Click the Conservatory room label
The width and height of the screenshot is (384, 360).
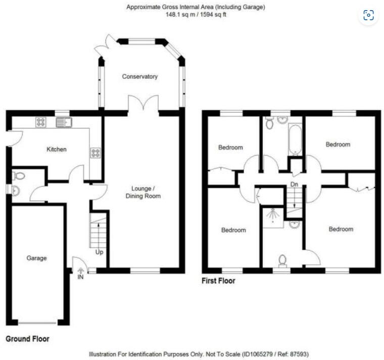[x=140, y=76]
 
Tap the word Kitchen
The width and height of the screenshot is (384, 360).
[x=57, y=149]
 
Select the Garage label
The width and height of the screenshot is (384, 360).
[x=36, y=258]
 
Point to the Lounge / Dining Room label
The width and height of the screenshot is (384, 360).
[x=143, y=192]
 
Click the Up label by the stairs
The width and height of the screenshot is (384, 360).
[x=99, y=252]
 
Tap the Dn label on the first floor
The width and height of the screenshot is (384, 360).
[x=294, y=184]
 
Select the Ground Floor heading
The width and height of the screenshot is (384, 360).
[x=27, y=339]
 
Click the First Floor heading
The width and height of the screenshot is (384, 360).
[x=218, y=281]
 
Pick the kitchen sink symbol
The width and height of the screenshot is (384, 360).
[x=64, y=122]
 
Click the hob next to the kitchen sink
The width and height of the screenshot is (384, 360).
[x=41, y=122]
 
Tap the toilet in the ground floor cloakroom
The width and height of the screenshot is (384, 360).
[x=19, y=176]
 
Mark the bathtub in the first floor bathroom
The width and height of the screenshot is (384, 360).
[x=295, y=140]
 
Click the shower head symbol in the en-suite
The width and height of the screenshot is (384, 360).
[x=273, y=216]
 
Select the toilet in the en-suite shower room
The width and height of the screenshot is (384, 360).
[x=282, y=261]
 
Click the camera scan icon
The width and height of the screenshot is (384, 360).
[x=368, y=15]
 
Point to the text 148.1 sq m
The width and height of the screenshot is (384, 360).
[x=180, y=15]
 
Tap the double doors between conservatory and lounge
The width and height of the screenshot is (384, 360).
[x=143, y=104]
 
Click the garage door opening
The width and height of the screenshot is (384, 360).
[x=38, y=323]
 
